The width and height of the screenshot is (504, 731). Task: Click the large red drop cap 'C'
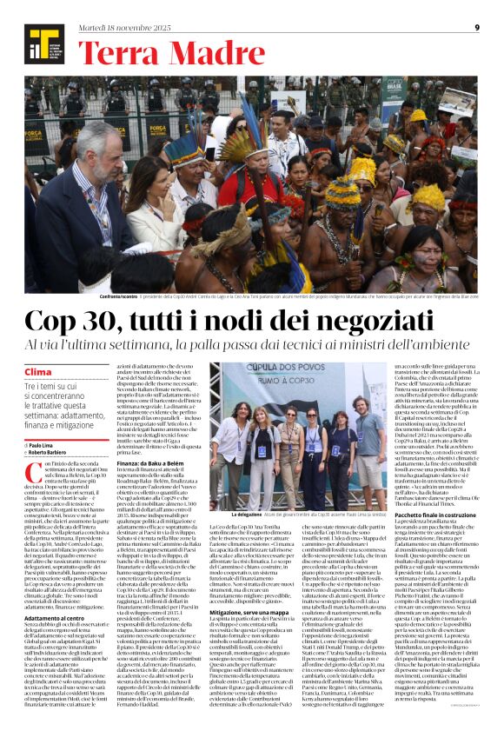click(36, 474)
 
